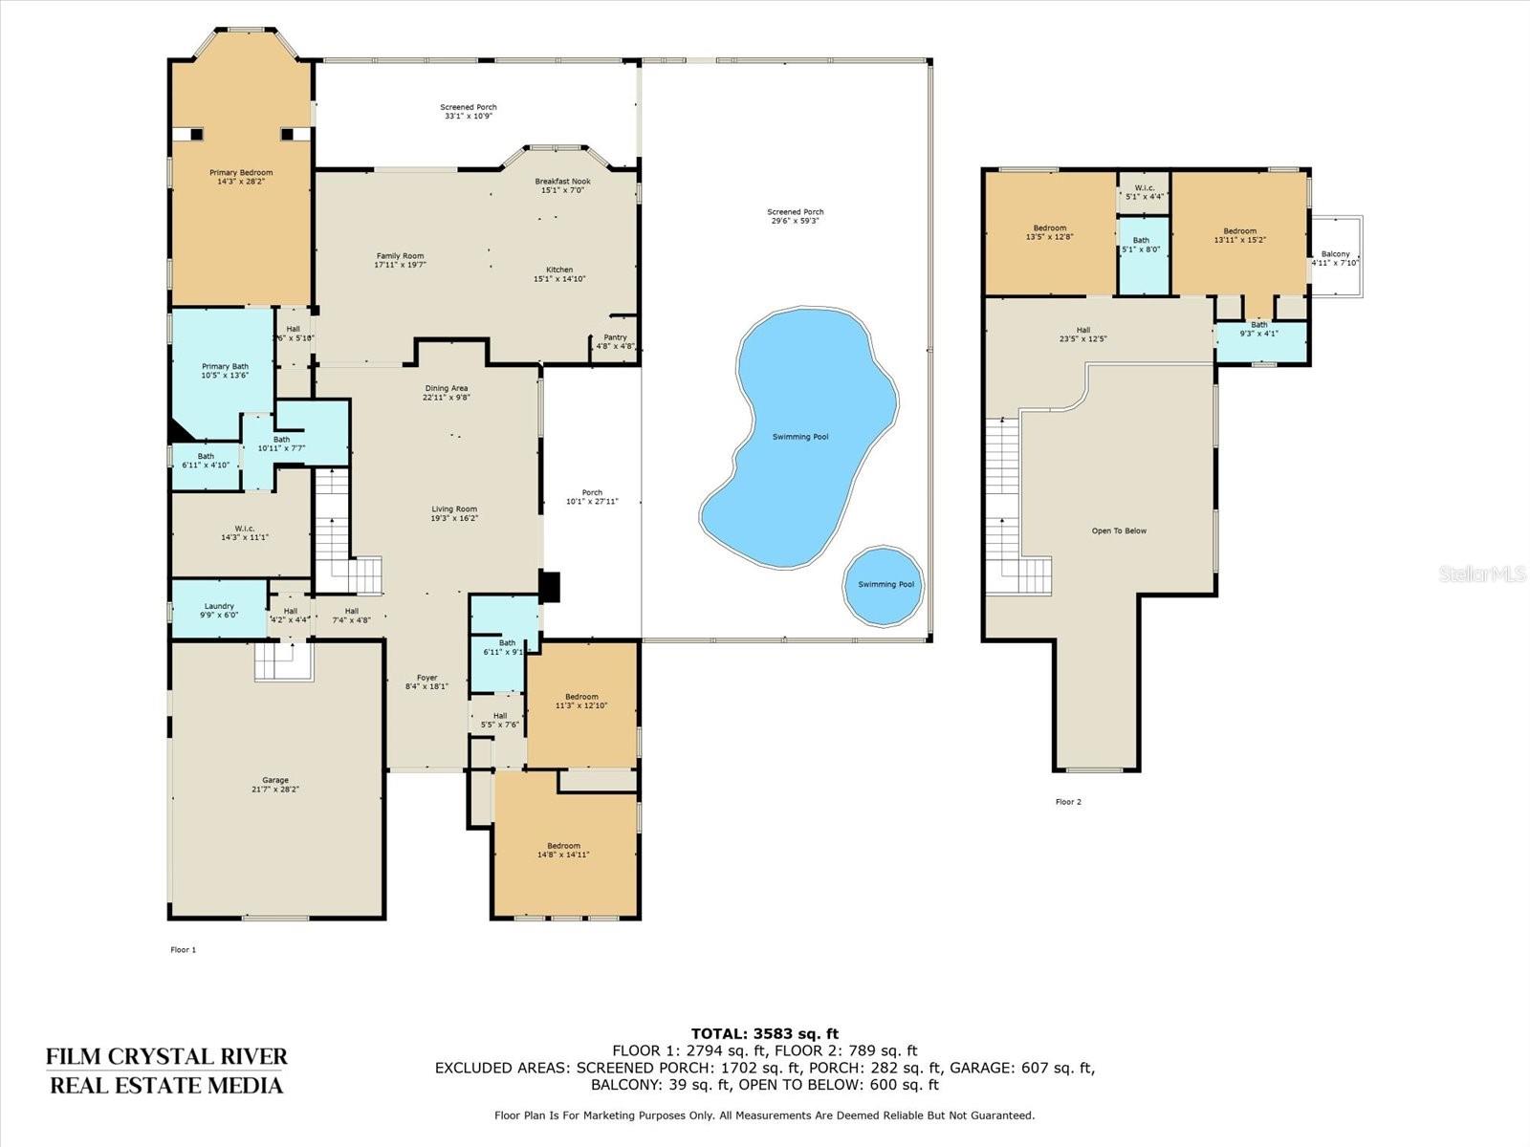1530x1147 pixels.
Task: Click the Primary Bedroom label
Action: tap(241, 173)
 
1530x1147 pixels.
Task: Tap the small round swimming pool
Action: tap(884, 585)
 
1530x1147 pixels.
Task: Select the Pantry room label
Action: tap(615, 337)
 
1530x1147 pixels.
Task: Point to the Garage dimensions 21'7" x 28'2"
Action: tap(275, 790)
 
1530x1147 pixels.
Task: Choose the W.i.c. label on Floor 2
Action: tap(1144, 187)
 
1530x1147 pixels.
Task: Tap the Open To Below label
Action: tap(1119, 530)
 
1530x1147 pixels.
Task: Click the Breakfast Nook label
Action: tap(562, 182)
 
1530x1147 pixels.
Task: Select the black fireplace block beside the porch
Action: tap(549, 586)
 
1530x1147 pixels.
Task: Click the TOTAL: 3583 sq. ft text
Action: tap(764, 1033)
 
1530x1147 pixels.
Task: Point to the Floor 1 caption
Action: tap(183, 949)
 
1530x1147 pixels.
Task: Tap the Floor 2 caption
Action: tap(1068, 802)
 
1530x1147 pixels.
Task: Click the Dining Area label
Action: tap(447, 388)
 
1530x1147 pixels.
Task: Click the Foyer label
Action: tap(426, 678)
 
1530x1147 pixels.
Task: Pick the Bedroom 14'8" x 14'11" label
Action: tap(563, 846)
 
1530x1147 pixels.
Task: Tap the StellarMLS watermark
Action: tap(1483, 573)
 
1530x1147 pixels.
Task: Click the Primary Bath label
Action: tap(225, 366)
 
